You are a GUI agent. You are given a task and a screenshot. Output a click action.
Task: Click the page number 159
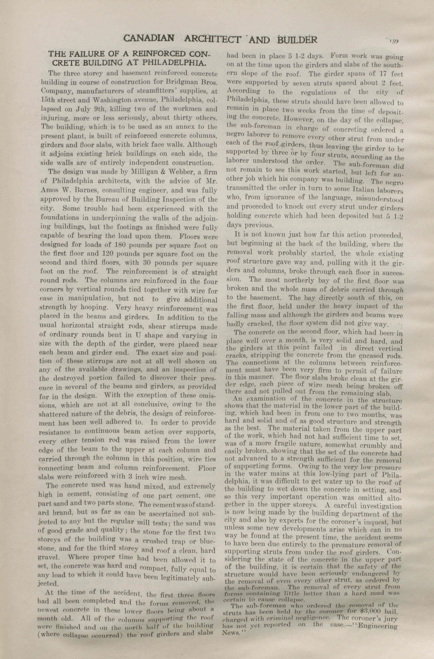click(393, 41)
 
